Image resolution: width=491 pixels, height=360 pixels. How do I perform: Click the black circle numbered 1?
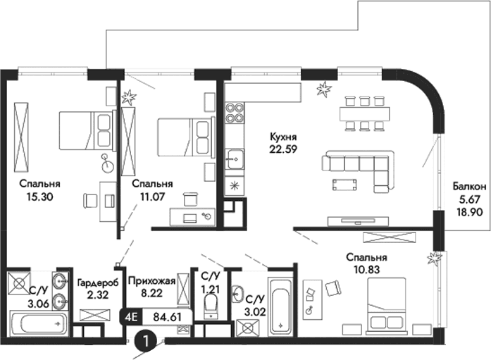pyautogui.click(x=145, y=342)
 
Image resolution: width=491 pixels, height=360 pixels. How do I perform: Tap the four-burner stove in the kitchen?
pyautogui.click(x=233, y=113)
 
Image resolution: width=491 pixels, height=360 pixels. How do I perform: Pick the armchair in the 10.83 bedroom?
pyautogui.click(x=332, y=288)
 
